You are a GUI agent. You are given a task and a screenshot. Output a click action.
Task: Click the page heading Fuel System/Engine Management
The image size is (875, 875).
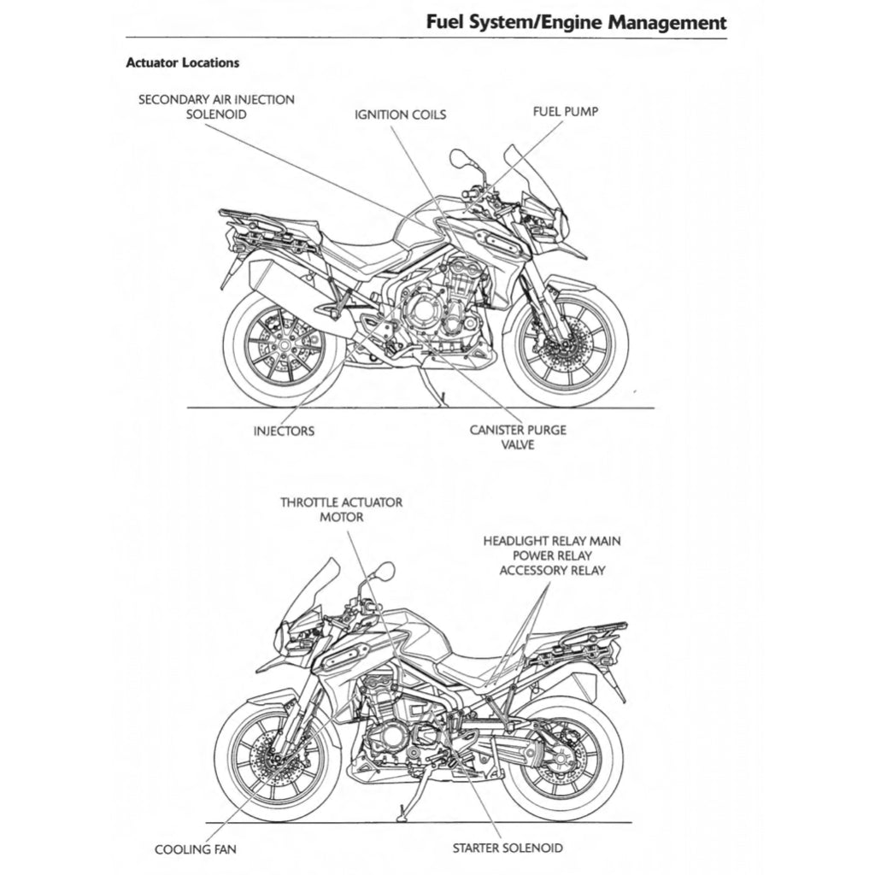tap(577, 21)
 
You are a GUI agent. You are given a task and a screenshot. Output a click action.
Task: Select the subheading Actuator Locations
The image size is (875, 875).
tap(182, 62)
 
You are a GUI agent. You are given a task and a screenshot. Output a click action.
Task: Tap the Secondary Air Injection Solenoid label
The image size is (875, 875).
tap(217, 107)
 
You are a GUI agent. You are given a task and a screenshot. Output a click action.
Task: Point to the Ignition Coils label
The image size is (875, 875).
tap(400, 115)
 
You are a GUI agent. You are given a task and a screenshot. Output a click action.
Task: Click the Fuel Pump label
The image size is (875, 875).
tap(565, 111)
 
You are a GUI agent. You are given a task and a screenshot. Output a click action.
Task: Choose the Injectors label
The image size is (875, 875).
tap(284, 431)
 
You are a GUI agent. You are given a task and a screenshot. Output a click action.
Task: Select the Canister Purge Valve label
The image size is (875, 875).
tap(518, 437)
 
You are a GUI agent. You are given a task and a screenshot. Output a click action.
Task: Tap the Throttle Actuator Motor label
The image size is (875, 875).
tap(342, 509)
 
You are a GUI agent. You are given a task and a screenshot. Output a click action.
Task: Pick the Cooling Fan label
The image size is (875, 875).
tap(196, 849)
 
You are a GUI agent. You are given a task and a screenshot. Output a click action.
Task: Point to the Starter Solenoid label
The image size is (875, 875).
tap(508, 848)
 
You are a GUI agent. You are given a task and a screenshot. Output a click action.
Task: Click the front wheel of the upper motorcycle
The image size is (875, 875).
tap(566, 343)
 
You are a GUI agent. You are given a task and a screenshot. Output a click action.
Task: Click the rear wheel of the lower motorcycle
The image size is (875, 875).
tap(561, 752)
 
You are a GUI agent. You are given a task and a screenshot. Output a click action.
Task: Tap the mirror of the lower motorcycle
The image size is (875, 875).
tap(385, 570)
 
